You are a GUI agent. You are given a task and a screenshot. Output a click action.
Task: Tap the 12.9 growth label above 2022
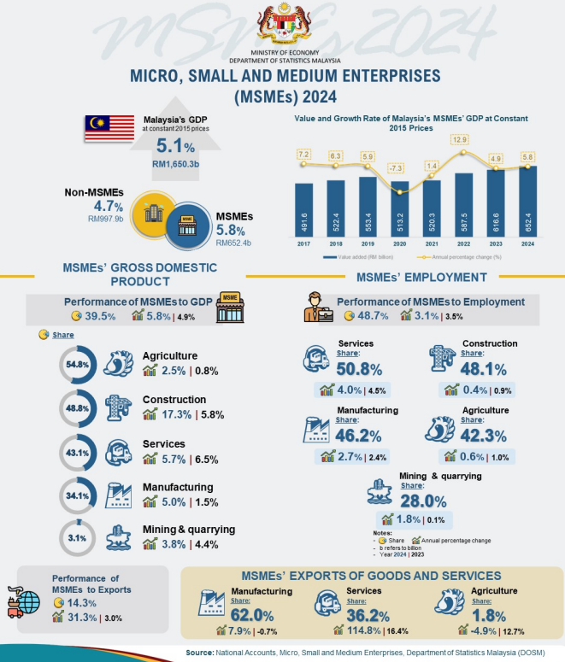[x=461, y=139]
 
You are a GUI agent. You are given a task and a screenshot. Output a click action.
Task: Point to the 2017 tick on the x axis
[x=303, y=243]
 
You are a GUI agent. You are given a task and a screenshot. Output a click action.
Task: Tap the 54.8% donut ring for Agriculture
[x=78, y=365]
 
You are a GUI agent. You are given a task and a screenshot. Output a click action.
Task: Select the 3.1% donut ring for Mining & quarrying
[x=78, y=538]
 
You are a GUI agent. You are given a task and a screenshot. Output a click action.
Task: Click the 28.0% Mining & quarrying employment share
[x=424, y=501]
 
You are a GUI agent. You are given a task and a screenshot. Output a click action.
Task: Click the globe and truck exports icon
[x=23, y=601]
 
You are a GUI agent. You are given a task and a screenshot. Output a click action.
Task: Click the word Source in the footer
[x=205, y=653]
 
